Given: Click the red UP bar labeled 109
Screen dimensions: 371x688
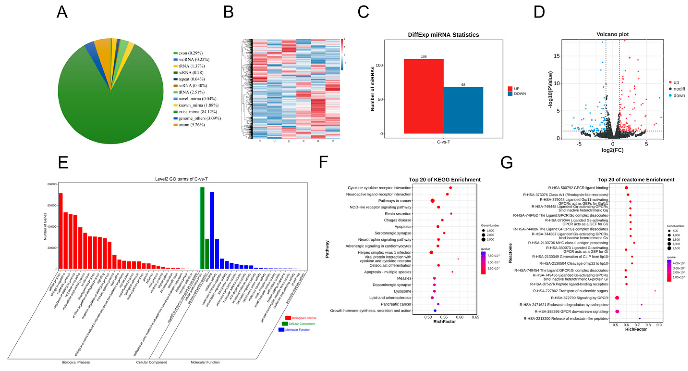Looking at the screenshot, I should click(x=424, y=96).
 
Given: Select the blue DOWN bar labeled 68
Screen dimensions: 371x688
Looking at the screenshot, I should click(x=463, y=110).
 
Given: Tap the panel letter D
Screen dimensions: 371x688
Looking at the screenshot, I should click(x=539, y=12).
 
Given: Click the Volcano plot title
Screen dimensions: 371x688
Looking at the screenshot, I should click(x=612, y=34).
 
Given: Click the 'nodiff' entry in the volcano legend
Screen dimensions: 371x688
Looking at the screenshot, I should click(x=679, y=89).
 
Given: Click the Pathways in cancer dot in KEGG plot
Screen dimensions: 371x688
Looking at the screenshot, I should click(x=432, y=201).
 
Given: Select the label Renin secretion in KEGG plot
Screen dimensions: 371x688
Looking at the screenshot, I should click(x=398, y=214).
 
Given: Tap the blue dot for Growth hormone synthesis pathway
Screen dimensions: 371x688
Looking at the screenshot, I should click(x=435, y=311).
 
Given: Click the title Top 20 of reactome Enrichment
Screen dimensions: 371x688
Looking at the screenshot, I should click(x=636, y=179).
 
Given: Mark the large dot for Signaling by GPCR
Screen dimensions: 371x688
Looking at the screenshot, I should click(x=617, y=298).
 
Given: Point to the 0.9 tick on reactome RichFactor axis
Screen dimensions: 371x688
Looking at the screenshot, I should click(x=659, y=325).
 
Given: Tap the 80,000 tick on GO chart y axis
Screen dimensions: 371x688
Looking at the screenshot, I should click(x=52, y=184).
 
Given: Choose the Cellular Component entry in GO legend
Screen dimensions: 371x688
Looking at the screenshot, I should click(x=301, y=324).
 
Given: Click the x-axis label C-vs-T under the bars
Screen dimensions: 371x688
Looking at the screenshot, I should click(x=443, y=142).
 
